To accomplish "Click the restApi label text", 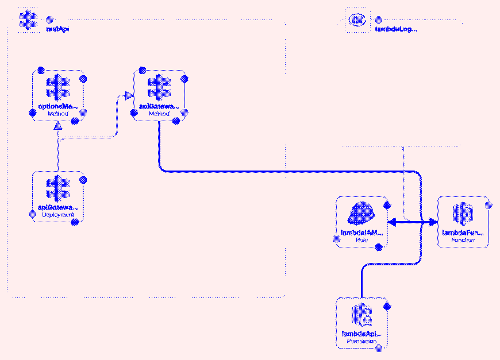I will click(57, 29).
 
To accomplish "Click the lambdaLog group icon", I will click(357, 20).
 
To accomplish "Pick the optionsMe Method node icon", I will click(57, 88).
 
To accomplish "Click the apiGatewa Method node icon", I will click(159, 88).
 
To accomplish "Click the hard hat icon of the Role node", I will click(361, 214).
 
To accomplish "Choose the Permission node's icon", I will click(361, 315).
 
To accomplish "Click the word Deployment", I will click(57, 215).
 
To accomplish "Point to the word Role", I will click(361, 240).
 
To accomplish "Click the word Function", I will click(463, 240).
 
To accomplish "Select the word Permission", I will click(361, 341).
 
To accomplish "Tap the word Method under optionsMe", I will click(57, 114).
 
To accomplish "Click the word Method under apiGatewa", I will click(159, 114).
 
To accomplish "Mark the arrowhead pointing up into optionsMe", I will click(57, 127).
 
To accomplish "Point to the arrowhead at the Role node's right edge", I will click(393, 222).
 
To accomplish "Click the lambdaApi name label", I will click(361, 334).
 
